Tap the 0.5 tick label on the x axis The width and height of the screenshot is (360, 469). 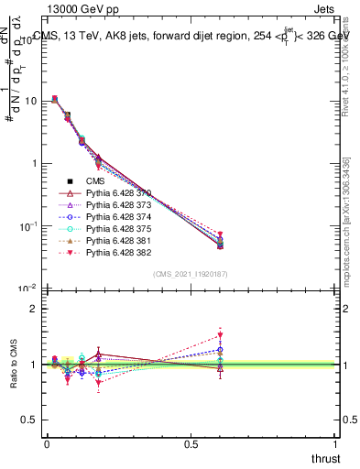coord(191,442)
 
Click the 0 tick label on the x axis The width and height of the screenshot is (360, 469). coord(47,442)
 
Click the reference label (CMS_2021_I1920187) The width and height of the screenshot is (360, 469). coord(191,274)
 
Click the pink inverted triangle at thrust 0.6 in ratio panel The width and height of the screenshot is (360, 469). coord(220,335)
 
